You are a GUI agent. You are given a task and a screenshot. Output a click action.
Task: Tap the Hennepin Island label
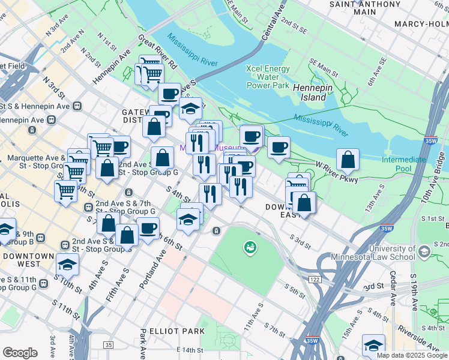click(310, 92)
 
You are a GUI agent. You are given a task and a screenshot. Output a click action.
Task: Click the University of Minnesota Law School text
click(392, 253)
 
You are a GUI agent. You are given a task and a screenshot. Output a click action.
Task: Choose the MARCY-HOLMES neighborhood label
click(421, 24)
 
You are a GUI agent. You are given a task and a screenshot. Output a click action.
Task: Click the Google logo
click(20, 353)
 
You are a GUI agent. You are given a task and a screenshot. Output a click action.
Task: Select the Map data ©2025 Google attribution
click(412, 355)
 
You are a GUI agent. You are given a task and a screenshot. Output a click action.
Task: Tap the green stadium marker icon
click(249, 246)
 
